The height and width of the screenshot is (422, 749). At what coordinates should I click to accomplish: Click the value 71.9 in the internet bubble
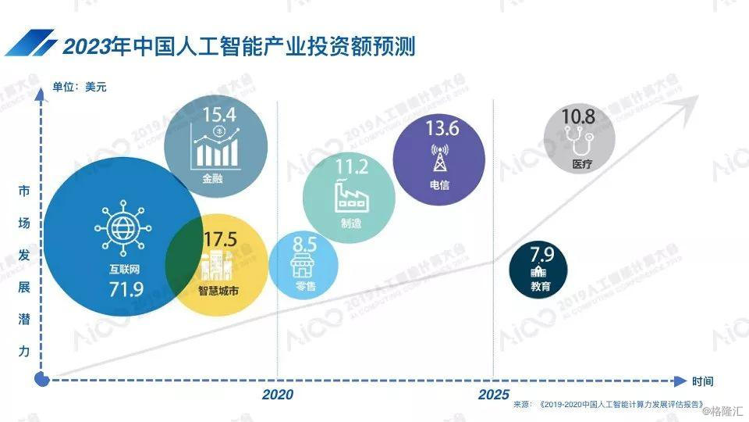coord(126,291)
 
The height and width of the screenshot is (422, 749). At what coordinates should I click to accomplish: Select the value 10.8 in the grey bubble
coord(578,117)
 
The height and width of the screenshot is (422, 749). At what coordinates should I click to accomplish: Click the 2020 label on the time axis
coord(278,395)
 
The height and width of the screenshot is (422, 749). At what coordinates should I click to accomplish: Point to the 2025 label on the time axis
coord(494,395)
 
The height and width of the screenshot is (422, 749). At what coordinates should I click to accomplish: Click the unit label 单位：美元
coord(80,87)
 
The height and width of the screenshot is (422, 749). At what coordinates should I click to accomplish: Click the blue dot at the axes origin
coord(43,380)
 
